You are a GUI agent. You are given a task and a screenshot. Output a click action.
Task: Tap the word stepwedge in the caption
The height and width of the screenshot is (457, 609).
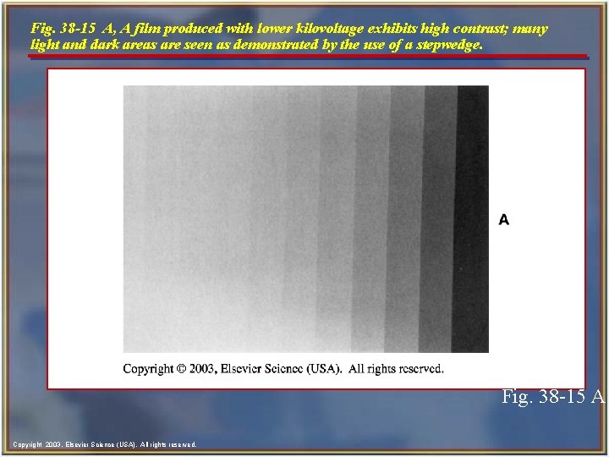450,44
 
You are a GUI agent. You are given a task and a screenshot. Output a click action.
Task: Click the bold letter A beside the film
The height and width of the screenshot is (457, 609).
504,220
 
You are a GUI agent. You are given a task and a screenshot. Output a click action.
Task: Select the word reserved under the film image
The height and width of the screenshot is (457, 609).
415,368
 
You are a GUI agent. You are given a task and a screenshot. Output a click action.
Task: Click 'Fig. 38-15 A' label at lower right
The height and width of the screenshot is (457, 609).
553,396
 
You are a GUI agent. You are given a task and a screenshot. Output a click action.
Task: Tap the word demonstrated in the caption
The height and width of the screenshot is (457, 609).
288,44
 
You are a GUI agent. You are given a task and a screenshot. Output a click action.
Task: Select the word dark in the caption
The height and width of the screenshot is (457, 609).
102,44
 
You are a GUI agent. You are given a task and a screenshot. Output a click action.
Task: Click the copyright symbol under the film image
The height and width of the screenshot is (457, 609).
179,368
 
